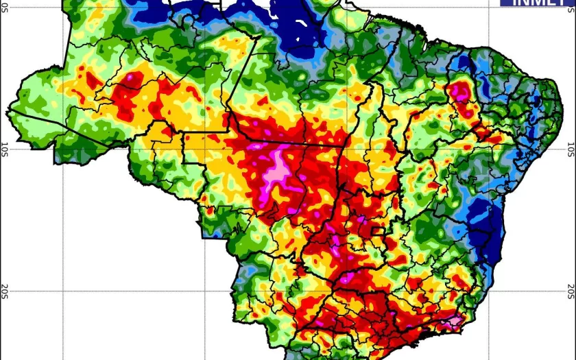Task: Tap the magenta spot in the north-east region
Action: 461,90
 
